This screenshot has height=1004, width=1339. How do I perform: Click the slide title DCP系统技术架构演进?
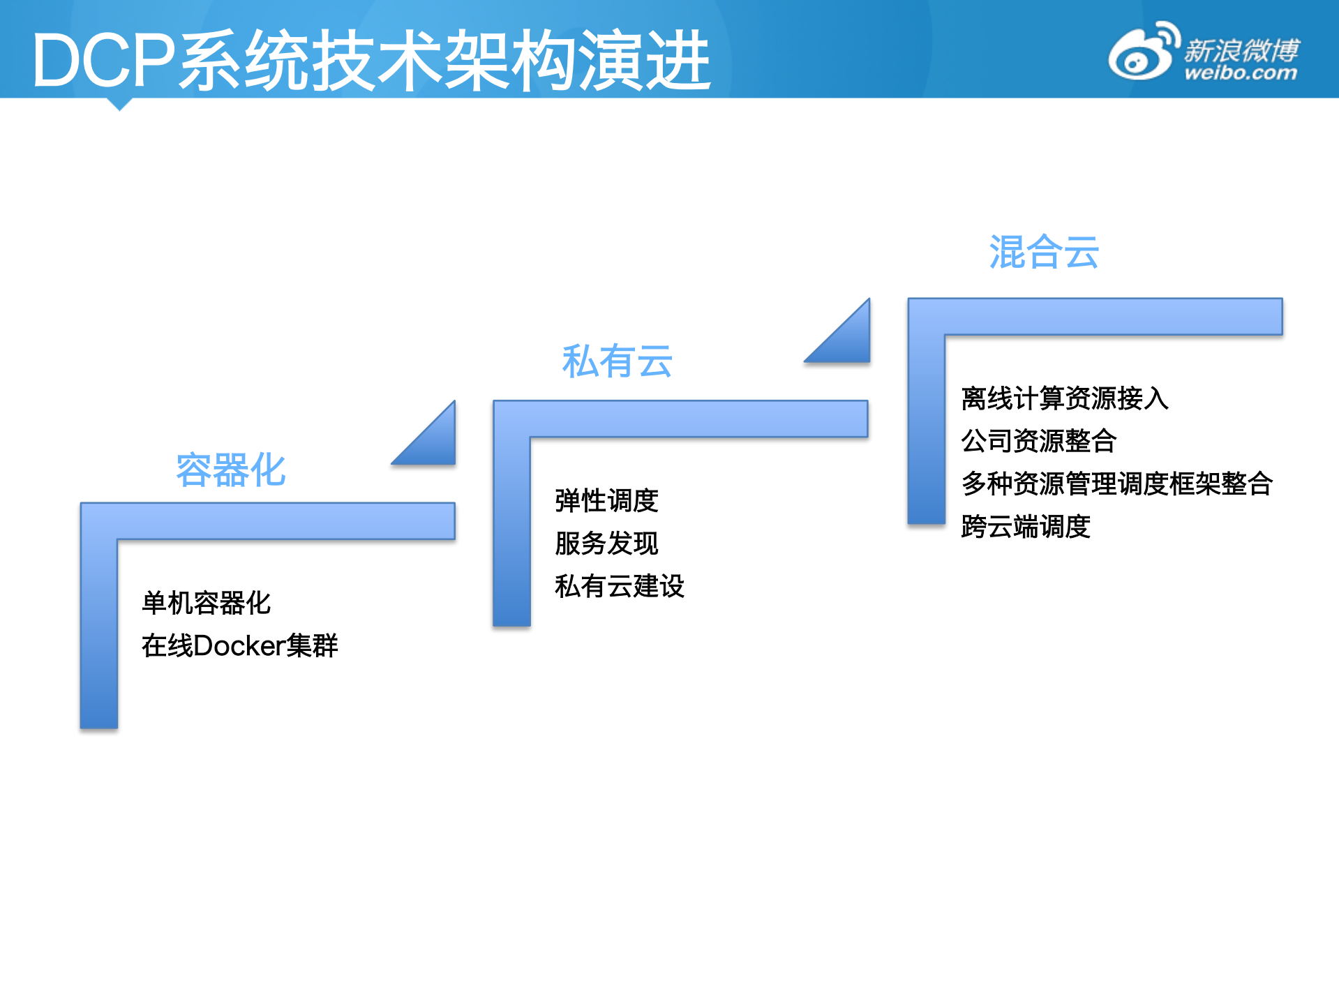[371, 61]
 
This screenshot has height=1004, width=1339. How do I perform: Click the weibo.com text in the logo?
[1240, 73]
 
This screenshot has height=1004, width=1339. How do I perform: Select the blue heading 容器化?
[231, 470]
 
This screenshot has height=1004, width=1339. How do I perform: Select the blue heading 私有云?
[617, 361]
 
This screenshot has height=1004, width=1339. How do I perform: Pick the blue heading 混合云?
[1044, 252]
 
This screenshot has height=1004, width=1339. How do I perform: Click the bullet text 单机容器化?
[206, 603]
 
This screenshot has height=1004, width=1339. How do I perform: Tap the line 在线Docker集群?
[239, 645]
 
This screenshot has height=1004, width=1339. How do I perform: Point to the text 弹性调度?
[606, 500]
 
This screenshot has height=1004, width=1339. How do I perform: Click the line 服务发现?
[606, 544]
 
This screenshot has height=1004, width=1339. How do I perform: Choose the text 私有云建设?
[620, 586]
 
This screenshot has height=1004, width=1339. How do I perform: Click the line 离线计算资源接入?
[1064, 398]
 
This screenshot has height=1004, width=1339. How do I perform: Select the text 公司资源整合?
[1038, 441]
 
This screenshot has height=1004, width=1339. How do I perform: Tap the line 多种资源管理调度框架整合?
[1116, 484]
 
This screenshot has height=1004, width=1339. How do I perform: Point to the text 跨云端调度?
[1025, 526]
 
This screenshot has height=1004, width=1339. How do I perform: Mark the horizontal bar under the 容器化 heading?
[279, 520]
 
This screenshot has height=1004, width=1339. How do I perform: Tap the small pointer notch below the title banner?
[119, 104]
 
